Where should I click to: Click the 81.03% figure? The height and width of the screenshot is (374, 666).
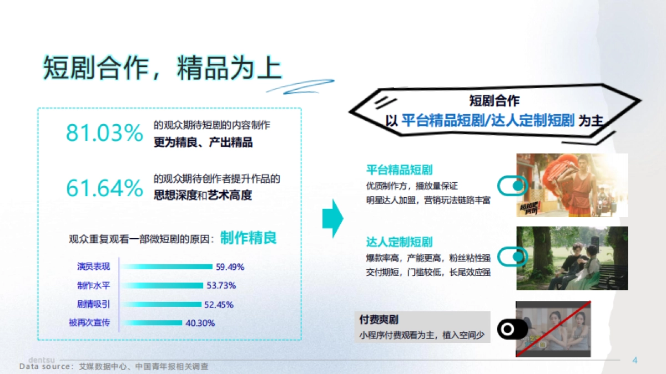pos(104,132)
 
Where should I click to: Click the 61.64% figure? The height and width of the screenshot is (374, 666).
pos(104,188)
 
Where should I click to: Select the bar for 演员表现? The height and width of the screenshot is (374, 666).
pos(167,267)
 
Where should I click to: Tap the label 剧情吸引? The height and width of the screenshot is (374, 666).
pos(93,304)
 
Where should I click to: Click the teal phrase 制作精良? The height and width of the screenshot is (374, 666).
pos(248,238)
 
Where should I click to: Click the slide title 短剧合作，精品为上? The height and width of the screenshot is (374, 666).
pos(162,68)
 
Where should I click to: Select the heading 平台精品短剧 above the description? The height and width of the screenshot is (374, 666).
pos(399,170)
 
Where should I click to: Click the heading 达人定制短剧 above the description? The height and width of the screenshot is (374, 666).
pos(399,242)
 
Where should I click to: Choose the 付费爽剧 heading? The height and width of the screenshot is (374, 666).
pos(379,320)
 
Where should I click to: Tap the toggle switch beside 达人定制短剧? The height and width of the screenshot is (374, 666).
pos(512,257)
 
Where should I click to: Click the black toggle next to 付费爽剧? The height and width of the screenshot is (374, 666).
pos(512,330)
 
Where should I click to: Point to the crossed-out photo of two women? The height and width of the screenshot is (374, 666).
pos(553,329)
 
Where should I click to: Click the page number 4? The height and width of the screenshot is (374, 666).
pos(635,361)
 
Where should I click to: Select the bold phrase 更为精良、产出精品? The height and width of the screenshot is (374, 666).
pos(203,142)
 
